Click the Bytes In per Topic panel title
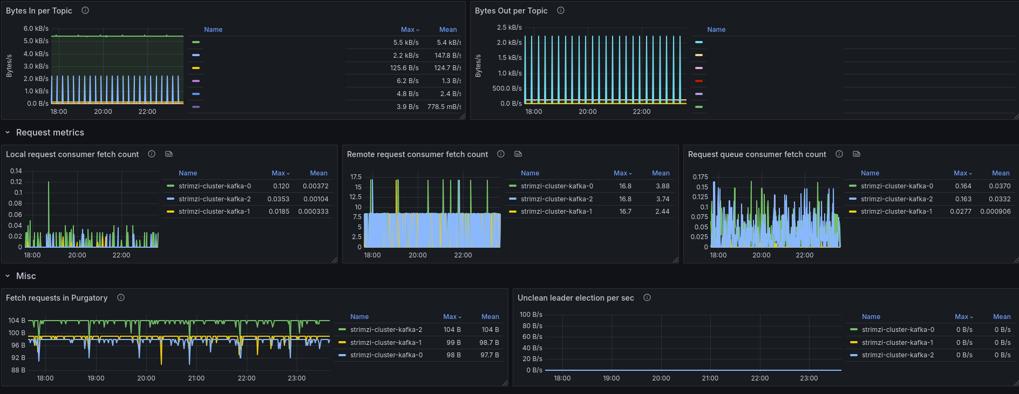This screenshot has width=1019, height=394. tap(39, 11)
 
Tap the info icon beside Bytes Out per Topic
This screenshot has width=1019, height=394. tap(561, 10)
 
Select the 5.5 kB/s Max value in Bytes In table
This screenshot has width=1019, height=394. tap(406, 42)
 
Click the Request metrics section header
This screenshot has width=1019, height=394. tap(50, 133)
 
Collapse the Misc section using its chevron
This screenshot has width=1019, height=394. tap(8, 276)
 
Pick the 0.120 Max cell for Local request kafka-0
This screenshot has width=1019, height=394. tap(281, 186)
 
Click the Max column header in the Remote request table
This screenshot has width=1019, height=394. tap(622, 173)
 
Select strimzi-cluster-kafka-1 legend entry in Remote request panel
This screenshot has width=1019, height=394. tap(556, 212)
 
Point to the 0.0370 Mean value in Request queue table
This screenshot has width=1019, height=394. tap(1000, 186)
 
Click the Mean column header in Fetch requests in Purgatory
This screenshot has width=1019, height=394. tap(490, 317)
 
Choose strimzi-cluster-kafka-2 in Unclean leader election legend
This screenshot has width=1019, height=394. tap(898, 355)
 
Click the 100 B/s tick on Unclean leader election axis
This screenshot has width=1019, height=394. tap(531, 315)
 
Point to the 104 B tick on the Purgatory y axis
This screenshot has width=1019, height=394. tap(17, 321)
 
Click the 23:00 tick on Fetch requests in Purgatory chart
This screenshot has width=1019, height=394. tap(297, 378)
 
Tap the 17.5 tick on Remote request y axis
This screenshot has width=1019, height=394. tap(356, 177)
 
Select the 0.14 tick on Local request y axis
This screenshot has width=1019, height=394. tap(16, 171)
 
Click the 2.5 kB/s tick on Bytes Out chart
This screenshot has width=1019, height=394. tap(509, 28)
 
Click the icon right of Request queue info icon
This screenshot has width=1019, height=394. tap(857, 154)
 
